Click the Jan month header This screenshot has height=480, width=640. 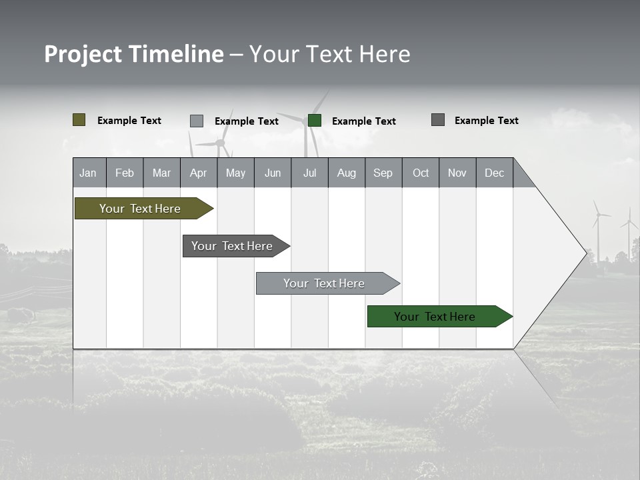pyautogui.click(x=89, y=173)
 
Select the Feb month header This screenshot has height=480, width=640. pyautogui.click(x=125, y=173)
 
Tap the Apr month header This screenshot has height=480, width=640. pyautogui.click(x=198, y=173)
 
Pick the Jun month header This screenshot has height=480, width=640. pyautogui.click(x=273, y=173)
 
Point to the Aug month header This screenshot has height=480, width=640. pyautogui.click(x=346, y=173)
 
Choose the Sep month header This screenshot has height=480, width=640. pyautogui.click(x=383, y=173)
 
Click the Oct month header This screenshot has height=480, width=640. pyautogui.click(x=421, y=173)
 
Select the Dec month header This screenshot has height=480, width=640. pyautogui.click(x=494, y=173)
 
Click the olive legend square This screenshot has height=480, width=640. pyautogui.click(x=79, y=120)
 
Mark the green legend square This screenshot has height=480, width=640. pyautogui.click(x=315, y=121)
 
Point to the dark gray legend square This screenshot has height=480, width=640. pyautogui.click(x=438, y=120)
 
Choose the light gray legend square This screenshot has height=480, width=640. pyautogui.click(x=197, y=121)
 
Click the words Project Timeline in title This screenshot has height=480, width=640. pyautogui.click(x=134, y=54)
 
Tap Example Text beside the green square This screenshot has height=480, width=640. pyautogui.click(x=363, y=121)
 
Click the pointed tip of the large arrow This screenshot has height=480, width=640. pyautogui.click(x=585, y=253)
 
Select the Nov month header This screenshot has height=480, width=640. pyautogui.click(x=457, y=173)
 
